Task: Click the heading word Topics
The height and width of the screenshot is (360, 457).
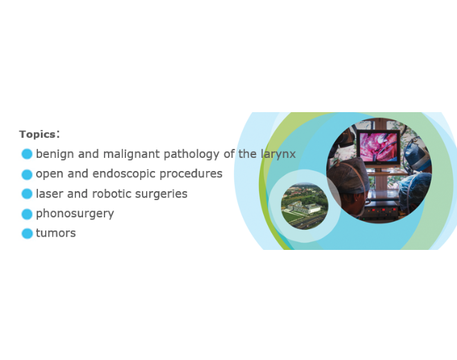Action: point(37,134)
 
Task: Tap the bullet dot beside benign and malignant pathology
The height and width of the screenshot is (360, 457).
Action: point(27,154)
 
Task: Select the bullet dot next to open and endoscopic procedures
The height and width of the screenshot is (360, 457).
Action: point(27,174)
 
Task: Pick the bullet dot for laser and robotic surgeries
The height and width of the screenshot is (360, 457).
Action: point(27,194)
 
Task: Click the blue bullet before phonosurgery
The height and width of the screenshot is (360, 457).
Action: point(27,213)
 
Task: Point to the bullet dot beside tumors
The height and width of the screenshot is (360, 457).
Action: point(27,233)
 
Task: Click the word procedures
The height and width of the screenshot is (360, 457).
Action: point(190,174)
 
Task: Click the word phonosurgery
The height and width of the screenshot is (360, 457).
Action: point(75,213)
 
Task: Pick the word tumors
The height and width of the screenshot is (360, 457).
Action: point(55,233)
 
